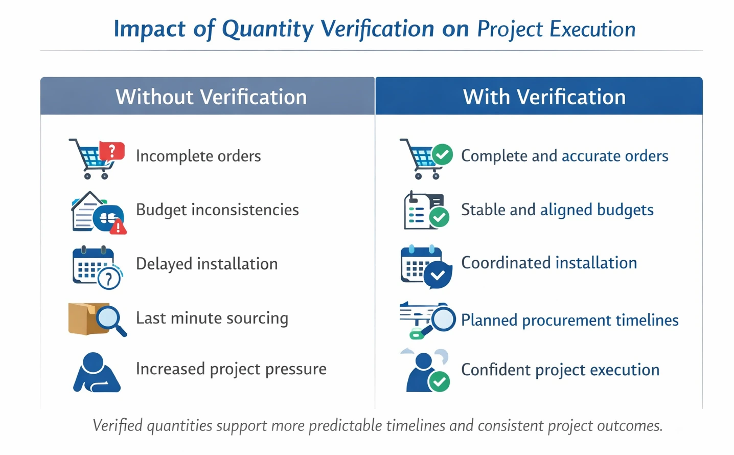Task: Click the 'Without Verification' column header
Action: click(211, 97)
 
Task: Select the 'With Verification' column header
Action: click(544, 97)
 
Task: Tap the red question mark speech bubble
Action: click(112, 151)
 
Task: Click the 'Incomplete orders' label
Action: click(198, 156)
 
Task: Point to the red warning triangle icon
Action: click(119, 226)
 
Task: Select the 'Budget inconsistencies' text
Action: click(217, 210)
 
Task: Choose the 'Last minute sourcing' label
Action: click(212, 318)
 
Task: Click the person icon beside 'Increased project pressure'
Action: click(96, 373)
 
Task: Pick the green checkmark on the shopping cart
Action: click(442, 154)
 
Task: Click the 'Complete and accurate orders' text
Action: click(564, 156)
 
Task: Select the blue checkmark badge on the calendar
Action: click(438, 275)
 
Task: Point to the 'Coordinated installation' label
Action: click(549, 263)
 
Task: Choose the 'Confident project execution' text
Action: click(560, 370)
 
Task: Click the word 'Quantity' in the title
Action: click(267, 29)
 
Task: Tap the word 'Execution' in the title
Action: click(592, 29)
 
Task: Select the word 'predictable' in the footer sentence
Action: click(346, 425)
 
